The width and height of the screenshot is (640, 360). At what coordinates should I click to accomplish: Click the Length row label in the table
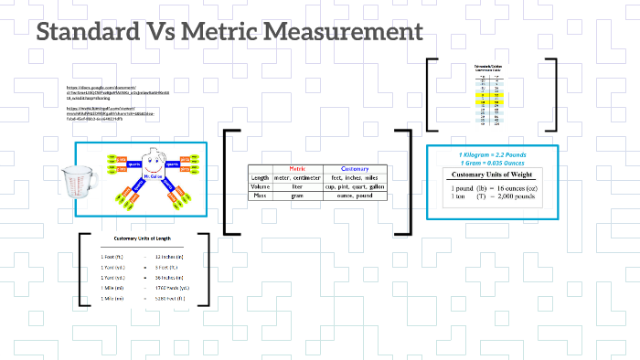pos(261,178)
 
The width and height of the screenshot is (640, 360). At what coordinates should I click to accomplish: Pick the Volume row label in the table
pos(261,187)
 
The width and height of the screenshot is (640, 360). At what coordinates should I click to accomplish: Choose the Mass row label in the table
pos(260,196)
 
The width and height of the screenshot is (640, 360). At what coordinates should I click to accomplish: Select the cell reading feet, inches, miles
pos(356,178)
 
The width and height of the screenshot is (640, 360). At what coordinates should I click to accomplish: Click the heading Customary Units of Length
pos(143,238)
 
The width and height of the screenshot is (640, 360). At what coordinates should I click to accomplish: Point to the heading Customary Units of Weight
pos(493,174)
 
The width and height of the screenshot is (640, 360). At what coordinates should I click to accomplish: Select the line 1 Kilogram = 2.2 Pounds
pos(492,154)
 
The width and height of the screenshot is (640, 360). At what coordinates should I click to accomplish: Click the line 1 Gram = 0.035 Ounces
pos(492,162)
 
